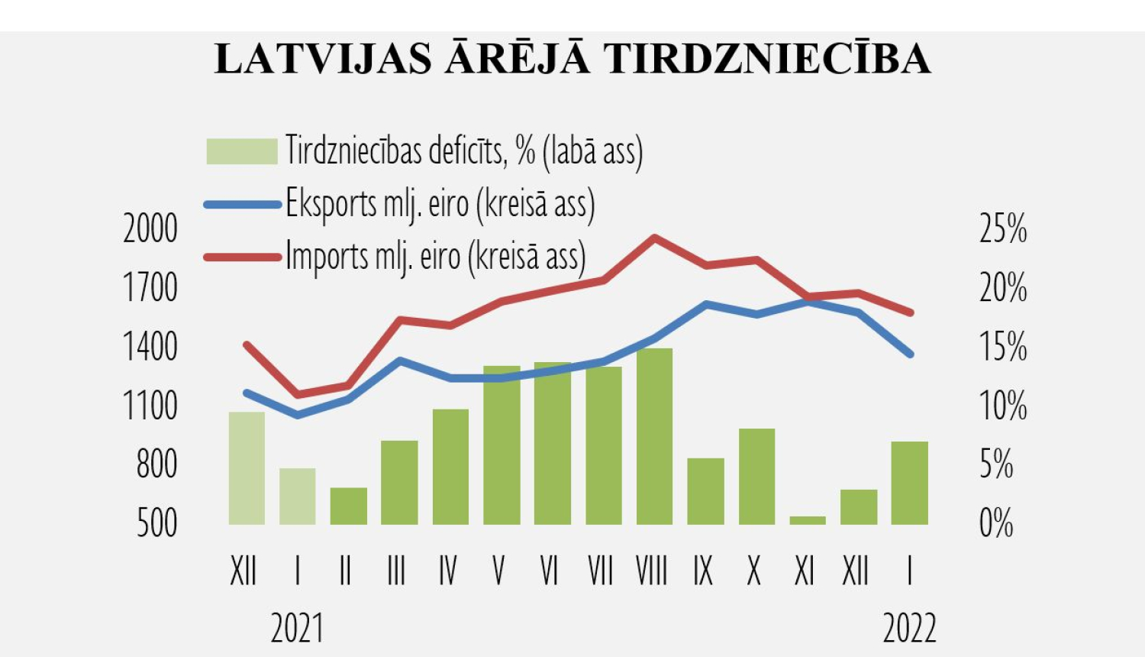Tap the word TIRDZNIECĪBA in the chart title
click(767, 60)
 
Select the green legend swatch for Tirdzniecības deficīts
click(241, 151)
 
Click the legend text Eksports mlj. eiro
click(440, 204)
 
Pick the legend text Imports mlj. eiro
click(435, 257)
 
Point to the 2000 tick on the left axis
click(150, 229)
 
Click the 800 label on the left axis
click(156, 464)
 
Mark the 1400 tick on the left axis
click(150, 348)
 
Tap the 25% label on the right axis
click(1003, 229)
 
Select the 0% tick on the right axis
click(996, 523)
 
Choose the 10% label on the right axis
click(1003, 406)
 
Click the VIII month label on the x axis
click(652, 571)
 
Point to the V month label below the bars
click(499, 571)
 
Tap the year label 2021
click(297, 629)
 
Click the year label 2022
click(909, 629)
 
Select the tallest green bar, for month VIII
click(654, 435)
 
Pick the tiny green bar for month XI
click(808, 520)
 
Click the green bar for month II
click(349, 506)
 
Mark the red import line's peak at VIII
click(654, 238)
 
